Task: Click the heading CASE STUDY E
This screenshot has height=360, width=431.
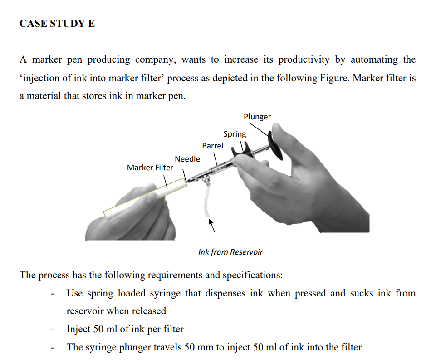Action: point(57,24)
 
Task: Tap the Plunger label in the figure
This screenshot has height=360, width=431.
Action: point(257,117)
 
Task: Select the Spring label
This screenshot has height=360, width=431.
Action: point(235,134)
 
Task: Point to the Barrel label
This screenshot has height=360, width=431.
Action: point(212,146)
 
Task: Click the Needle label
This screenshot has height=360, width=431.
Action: point(187,158)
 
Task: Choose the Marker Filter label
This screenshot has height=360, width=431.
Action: point(150,168)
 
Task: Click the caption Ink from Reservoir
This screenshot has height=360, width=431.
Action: point(230,252)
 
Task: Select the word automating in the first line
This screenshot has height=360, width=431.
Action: point(374,59)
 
